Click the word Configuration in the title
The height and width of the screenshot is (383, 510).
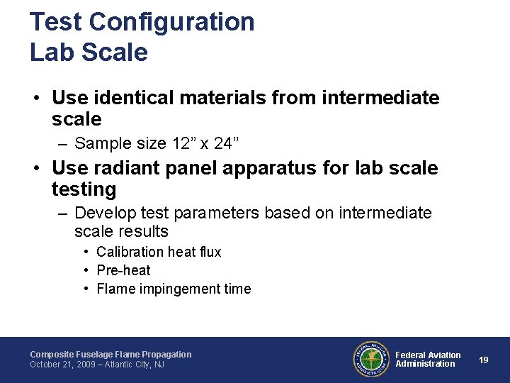point(172,22)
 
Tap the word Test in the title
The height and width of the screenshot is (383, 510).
point(56,22)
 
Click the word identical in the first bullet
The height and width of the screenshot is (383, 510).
point(137,97)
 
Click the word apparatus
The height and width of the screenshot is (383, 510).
point(278,168)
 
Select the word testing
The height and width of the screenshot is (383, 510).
point(84,189)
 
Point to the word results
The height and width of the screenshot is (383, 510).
point(143,231)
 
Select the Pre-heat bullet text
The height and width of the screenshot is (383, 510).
point(123,270)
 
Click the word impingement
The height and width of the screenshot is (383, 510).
point(175,289)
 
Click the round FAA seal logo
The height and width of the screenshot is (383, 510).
point(371,359)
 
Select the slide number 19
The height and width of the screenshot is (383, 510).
point(484,360)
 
